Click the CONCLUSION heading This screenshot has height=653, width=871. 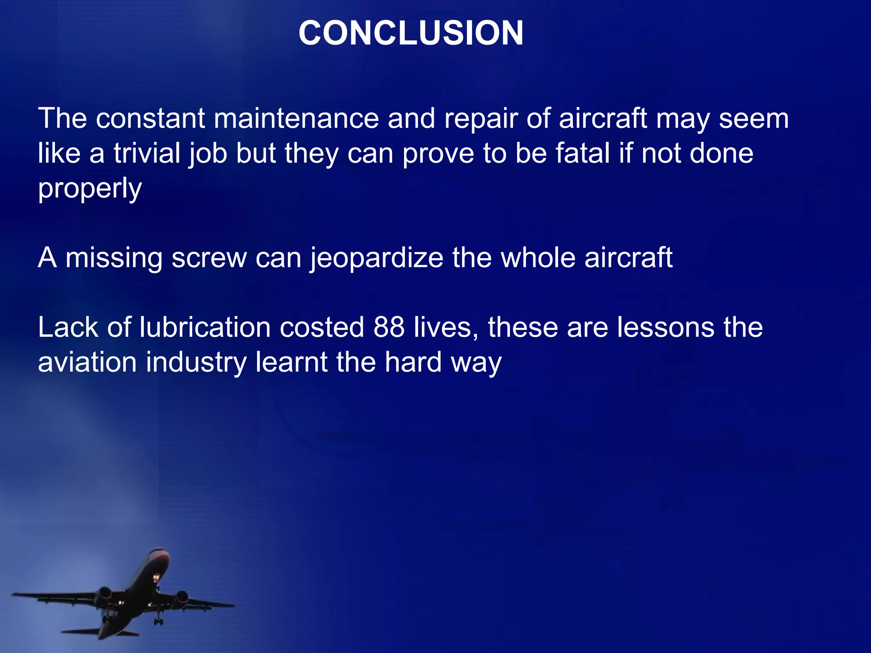411,33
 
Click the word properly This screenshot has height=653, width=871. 90,189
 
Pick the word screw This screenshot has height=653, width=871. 209,258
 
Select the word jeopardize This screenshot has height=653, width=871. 376,258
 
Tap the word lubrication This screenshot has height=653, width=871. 205,327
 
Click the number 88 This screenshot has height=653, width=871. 389,327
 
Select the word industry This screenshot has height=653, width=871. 196,363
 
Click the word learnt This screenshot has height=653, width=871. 291,362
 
